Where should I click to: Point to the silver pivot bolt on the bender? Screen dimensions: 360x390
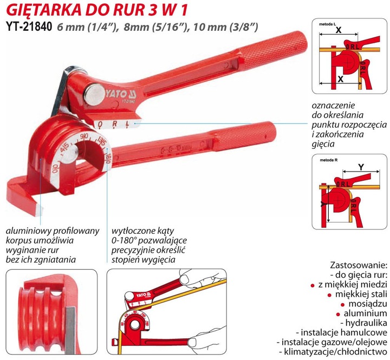92,92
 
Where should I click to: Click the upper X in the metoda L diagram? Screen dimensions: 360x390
339,31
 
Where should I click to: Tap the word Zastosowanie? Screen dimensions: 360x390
358,266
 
